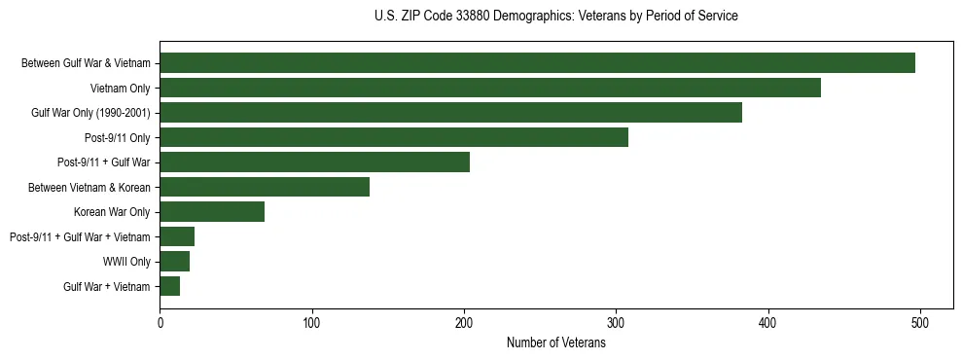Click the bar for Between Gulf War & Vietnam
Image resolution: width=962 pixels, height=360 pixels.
[537, 63]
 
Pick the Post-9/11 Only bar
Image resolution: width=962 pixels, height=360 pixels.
[394, 137]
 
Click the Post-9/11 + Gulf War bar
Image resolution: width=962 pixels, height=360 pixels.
[314, 162]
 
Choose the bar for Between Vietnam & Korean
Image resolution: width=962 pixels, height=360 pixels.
[265, 187]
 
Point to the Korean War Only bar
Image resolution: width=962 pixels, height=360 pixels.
[212, 212]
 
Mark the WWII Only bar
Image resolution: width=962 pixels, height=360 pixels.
[175, 262]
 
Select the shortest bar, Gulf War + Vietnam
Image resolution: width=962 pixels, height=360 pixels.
[170, 286]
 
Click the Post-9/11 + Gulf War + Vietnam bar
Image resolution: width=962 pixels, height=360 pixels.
[177, 236]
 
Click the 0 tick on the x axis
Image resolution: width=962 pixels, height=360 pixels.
[160, 321]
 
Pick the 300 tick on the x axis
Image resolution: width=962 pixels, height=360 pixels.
[616, 321]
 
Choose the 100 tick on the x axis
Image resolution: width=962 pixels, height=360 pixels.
[312, 321]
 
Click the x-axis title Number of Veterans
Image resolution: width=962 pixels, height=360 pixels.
[555, 342]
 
